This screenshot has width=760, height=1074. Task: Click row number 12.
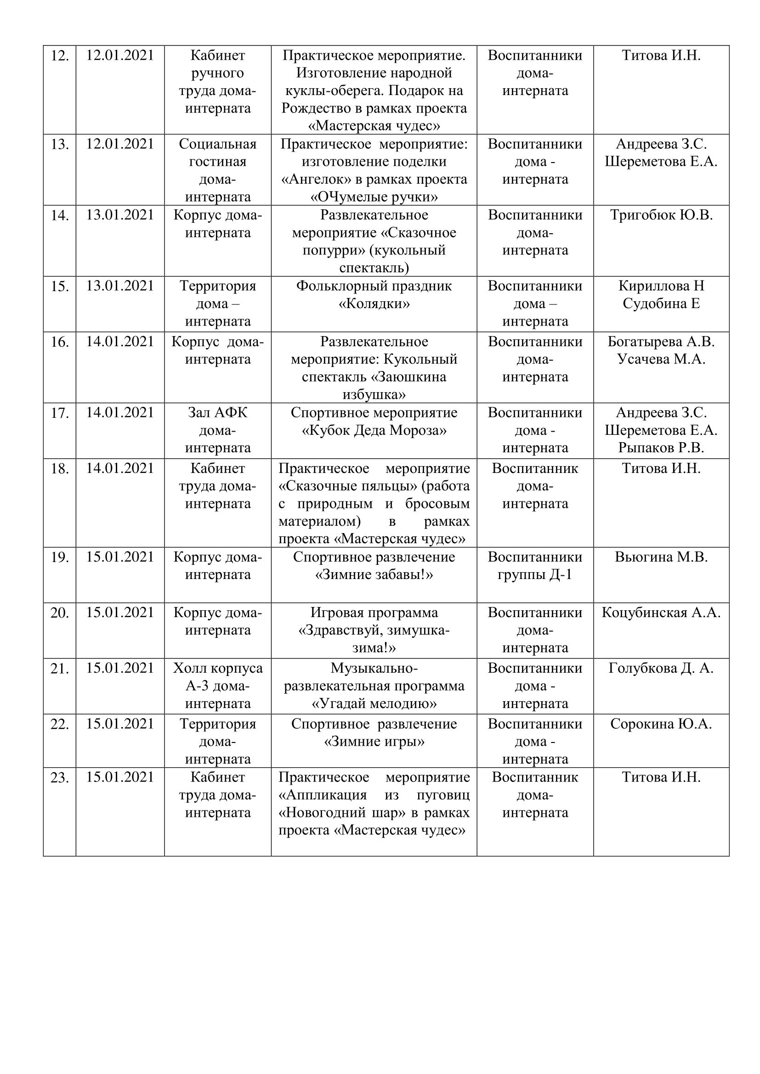pos(59,56)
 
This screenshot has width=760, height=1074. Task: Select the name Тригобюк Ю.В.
pos(661,215)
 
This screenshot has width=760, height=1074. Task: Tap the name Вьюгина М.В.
pos(661,557)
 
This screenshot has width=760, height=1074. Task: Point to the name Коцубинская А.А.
pos(661,613)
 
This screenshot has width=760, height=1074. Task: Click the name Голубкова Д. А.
pos(661,669)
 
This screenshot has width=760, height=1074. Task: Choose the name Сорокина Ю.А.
pos(661,724)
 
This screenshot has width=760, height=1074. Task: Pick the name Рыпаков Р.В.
pos(661,448)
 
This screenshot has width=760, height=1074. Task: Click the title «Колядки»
pos(374,304)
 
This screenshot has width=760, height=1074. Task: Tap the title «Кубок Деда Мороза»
pos(374,430)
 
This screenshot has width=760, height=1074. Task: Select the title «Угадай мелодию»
pos(374,703)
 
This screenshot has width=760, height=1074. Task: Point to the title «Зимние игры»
pos(374,742)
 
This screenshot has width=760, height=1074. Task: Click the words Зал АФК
pos(218,413)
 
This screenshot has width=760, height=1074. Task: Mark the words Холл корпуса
pos(218,669)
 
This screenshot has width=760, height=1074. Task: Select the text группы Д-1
pos(535,575)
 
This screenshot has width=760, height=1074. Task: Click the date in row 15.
pos(120,286)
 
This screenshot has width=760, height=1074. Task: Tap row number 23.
pos(59,778)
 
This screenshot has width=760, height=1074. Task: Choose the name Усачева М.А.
pos(661,359)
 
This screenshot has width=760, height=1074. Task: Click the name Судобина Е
pos(661,304)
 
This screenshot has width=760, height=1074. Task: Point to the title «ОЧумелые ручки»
pos(374,197)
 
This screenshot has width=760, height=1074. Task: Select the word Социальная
pos(218,144)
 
